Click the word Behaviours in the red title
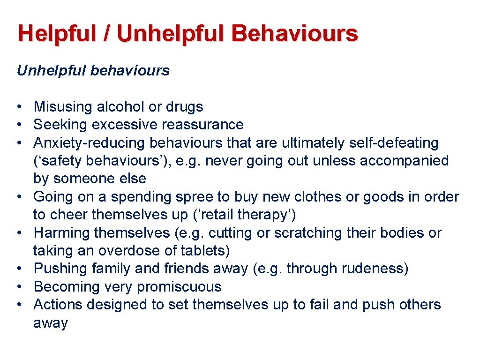295,34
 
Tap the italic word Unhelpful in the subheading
52,71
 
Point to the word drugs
184,107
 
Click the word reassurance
202,125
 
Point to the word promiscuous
181,286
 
